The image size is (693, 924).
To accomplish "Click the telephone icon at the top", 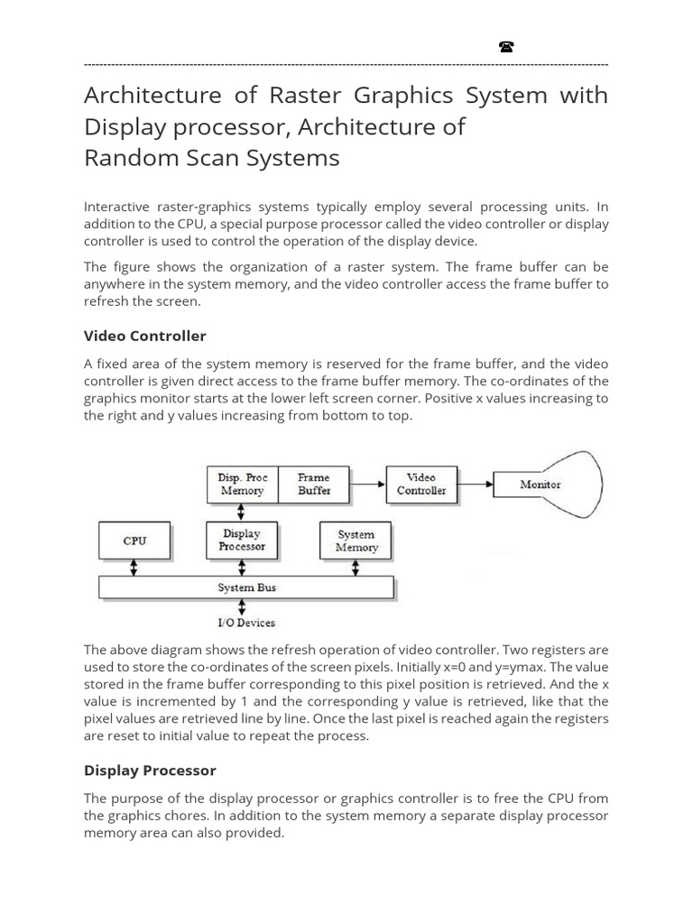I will (x=506, y=47).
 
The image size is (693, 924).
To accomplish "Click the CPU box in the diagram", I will (x=134, y=541).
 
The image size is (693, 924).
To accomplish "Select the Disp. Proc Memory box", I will (x=242, y=485).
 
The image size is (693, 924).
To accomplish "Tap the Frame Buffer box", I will (x=314, y=485).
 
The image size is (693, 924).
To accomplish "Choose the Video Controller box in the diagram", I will (x=421, y=485).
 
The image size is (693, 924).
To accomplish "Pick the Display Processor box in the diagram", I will (x=242, y=541).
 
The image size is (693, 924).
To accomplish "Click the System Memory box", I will (x=356, y=541).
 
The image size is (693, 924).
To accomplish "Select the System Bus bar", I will (x=246, y=587).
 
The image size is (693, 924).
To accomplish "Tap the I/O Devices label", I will (x=246, y=623).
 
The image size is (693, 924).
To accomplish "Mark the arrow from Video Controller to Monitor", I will (x=476, y=485).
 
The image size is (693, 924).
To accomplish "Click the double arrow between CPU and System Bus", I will (x=134, y=568).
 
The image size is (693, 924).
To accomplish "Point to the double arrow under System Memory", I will (x=356, y=568).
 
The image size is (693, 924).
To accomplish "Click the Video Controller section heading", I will (x=145, y=336).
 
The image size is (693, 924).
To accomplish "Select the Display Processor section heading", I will (x=150, y=771).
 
